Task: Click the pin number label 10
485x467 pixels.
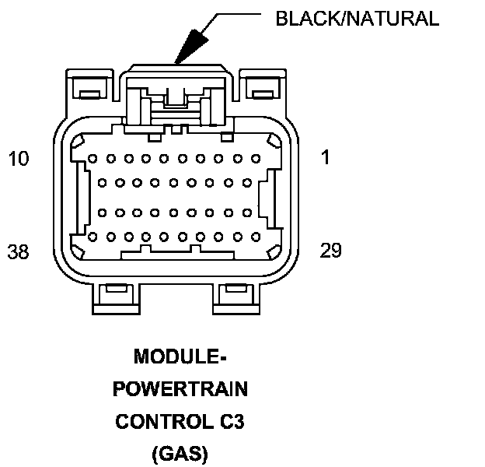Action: point(18,159)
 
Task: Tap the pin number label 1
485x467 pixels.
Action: point(325,157)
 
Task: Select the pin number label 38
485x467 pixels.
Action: point(19,251)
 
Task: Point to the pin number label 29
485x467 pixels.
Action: point(331,251)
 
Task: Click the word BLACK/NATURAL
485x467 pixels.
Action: point(357,18)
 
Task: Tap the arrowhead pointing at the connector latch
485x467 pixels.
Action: point(187,46)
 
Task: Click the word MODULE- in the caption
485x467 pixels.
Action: point(181,357)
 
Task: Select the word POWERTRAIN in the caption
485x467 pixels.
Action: point(181,389)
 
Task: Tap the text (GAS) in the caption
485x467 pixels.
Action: point(181,453)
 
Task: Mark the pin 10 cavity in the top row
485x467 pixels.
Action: point(92,158)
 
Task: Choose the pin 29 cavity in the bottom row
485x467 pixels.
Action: point(253,237)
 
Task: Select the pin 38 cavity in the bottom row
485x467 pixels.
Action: point(92,237)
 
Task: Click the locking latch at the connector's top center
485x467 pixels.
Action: point(176,97)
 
